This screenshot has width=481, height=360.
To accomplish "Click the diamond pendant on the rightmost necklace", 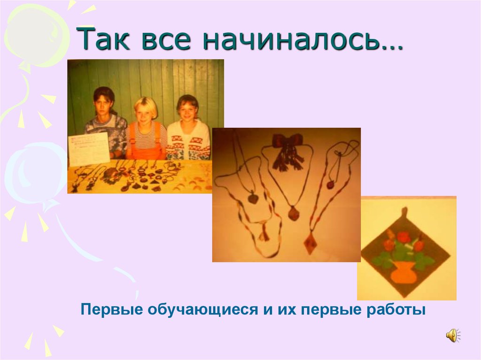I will [310, 244].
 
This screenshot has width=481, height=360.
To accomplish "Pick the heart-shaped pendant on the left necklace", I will [253, 199].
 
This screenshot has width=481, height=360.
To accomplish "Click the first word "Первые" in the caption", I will [111, 310].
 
